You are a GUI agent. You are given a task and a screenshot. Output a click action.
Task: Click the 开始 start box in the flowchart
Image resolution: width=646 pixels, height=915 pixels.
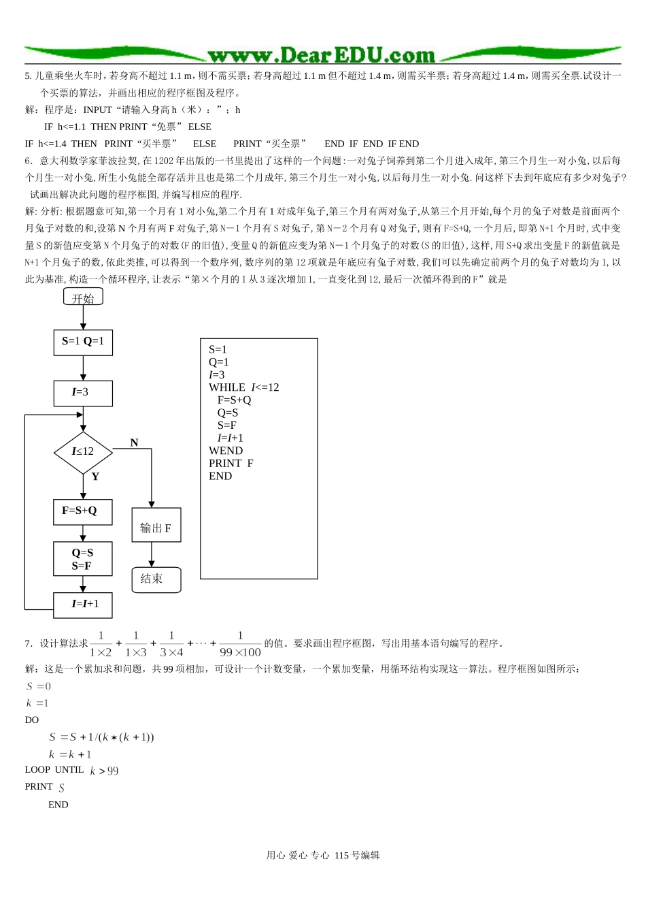click(x=83, y=298)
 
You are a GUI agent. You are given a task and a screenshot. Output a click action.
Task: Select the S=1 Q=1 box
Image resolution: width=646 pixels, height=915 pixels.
click(x=83, y=342)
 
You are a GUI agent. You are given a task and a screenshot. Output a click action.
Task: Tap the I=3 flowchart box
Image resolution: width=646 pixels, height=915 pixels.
click(x=83, y=392)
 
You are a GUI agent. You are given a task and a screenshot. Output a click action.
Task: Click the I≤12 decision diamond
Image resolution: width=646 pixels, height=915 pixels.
click(x=83, y=451)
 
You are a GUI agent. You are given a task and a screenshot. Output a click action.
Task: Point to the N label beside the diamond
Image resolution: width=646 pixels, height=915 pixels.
click(x=134, y=443)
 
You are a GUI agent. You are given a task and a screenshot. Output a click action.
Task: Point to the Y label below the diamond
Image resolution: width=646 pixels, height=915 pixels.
click(x=95, y=477)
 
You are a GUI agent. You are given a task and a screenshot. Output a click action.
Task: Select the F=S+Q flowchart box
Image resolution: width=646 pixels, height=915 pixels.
click(x=83, y=511)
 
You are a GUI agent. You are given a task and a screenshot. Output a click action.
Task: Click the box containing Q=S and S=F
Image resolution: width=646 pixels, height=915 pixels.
click(x=83, y=559)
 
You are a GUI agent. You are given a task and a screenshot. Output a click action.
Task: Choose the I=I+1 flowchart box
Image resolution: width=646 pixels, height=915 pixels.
click(x=83, y=604)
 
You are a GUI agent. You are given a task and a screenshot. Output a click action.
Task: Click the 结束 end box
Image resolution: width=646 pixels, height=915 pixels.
click(x=156, y=579)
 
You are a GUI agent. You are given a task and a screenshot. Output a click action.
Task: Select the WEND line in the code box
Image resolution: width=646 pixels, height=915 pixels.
click(x=226, y=451)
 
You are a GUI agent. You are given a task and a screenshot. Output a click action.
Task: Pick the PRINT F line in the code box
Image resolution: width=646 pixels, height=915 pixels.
click(x=231, y=463)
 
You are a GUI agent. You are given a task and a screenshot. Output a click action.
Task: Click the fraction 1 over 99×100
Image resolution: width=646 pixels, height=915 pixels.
click(x=240, y=643)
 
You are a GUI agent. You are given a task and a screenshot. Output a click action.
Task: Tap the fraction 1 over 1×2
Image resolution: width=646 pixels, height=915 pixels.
click(x=101, y=643)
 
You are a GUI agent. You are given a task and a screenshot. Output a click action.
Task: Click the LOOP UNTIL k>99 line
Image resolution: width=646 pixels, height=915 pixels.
click(x=71, y=770)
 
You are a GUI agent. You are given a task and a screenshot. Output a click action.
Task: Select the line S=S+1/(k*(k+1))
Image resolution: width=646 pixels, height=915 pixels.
click(x=101, y=737)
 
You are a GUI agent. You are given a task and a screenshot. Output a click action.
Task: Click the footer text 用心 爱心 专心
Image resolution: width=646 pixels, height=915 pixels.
click(x=298, y=856)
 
